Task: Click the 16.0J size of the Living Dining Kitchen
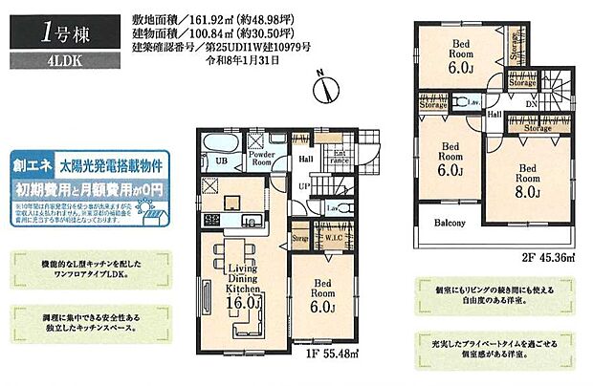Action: coord(244,302)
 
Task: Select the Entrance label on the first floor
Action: coord(340,159)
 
